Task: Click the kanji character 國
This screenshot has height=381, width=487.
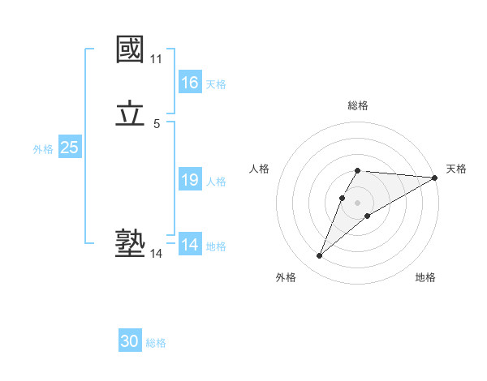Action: (131, 50)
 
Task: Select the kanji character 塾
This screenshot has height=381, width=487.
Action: (131, 244)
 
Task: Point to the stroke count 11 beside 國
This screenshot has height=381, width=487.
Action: (156, 59)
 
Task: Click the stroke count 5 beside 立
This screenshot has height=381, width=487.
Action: (156, 123)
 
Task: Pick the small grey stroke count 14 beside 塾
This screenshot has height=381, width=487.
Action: (156, 254)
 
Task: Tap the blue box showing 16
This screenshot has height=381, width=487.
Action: (190, 83)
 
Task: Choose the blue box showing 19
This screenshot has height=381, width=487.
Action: (190, 180)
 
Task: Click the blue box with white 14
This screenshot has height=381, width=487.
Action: (190, 245)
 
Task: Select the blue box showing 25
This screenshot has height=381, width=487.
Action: (70, 148)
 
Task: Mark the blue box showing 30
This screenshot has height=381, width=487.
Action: (130, 341)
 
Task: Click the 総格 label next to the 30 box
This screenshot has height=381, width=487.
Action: (156, 343)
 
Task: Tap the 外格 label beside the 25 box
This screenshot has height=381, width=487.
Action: (43, 149)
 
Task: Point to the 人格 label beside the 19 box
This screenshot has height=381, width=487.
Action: (217, 182)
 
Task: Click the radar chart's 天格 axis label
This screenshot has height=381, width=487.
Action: (456, 169)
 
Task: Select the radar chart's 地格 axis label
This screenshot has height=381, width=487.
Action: (425, 277)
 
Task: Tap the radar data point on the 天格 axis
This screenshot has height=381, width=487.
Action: (435, 178)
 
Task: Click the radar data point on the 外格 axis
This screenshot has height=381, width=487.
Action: (319, 256)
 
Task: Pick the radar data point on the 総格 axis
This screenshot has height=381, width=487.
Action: (358, 170)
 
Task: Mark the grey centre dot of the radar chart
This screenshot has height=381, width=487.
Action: (358, 202)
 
